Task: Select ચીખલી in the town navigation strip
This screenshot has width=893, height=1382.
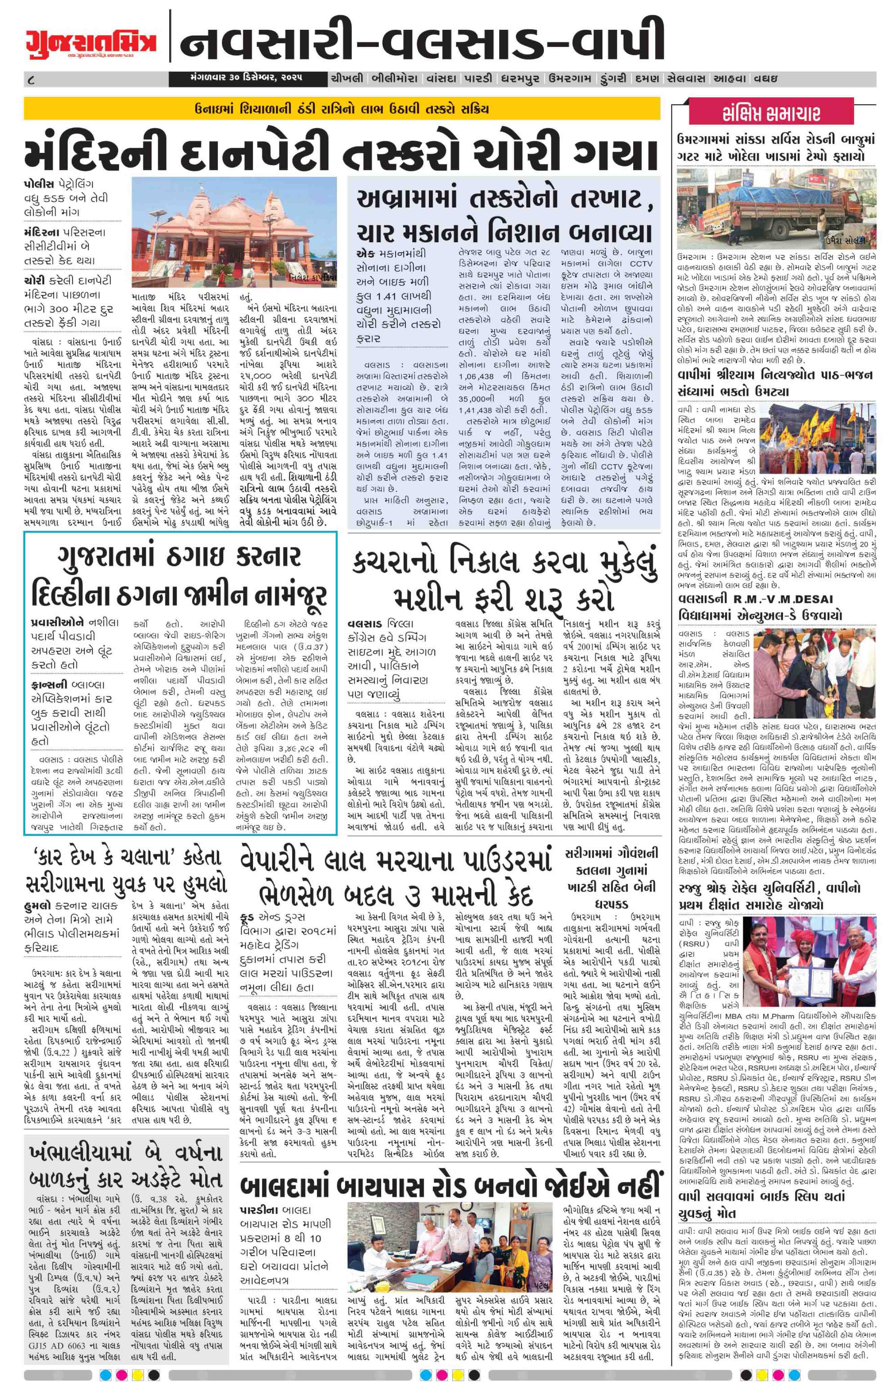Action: [x=347, y=78]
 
